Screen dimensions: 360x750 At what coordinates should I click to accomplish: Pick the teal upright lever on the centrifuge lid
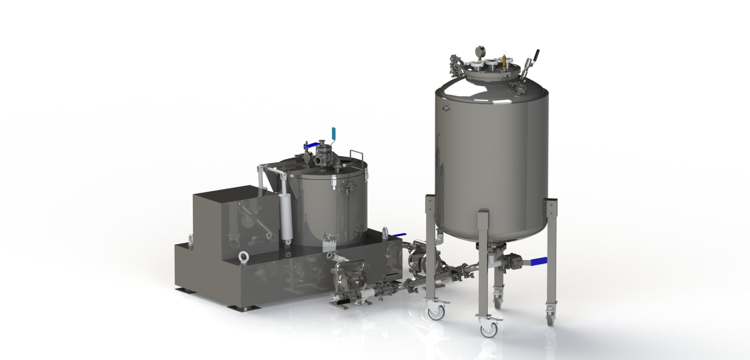click(334, 133)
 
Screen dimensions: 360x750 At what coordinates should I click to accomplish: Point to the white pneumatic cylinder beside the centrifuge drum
click(286, 216)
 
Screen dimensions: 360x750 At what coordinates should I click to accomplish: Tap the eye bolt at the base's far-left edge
click(190, 239)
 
